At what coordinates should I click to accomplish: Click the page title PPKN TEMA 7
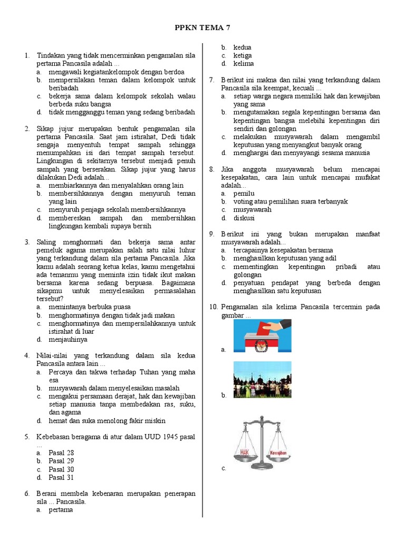pyautogui.click(x=202, y=27)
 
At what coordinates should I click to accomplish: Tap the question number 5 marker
pyautogui.click(x=27, y=437)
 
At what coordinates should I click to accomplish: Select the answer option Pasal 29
pyautogui.click(x=61, y=461)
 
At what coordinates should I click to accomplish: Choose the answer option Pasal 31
pyautogui.click(x=61, y=478)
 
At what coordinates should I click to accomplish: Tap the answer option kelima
pyautogui.click(x=243, y=64)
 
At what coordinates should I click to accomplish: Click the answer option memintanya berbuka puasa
pyautogui.click(x=90, y=307)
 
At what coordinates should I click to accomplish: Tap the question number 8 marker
pyautogui.click(x=211, y=169)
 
